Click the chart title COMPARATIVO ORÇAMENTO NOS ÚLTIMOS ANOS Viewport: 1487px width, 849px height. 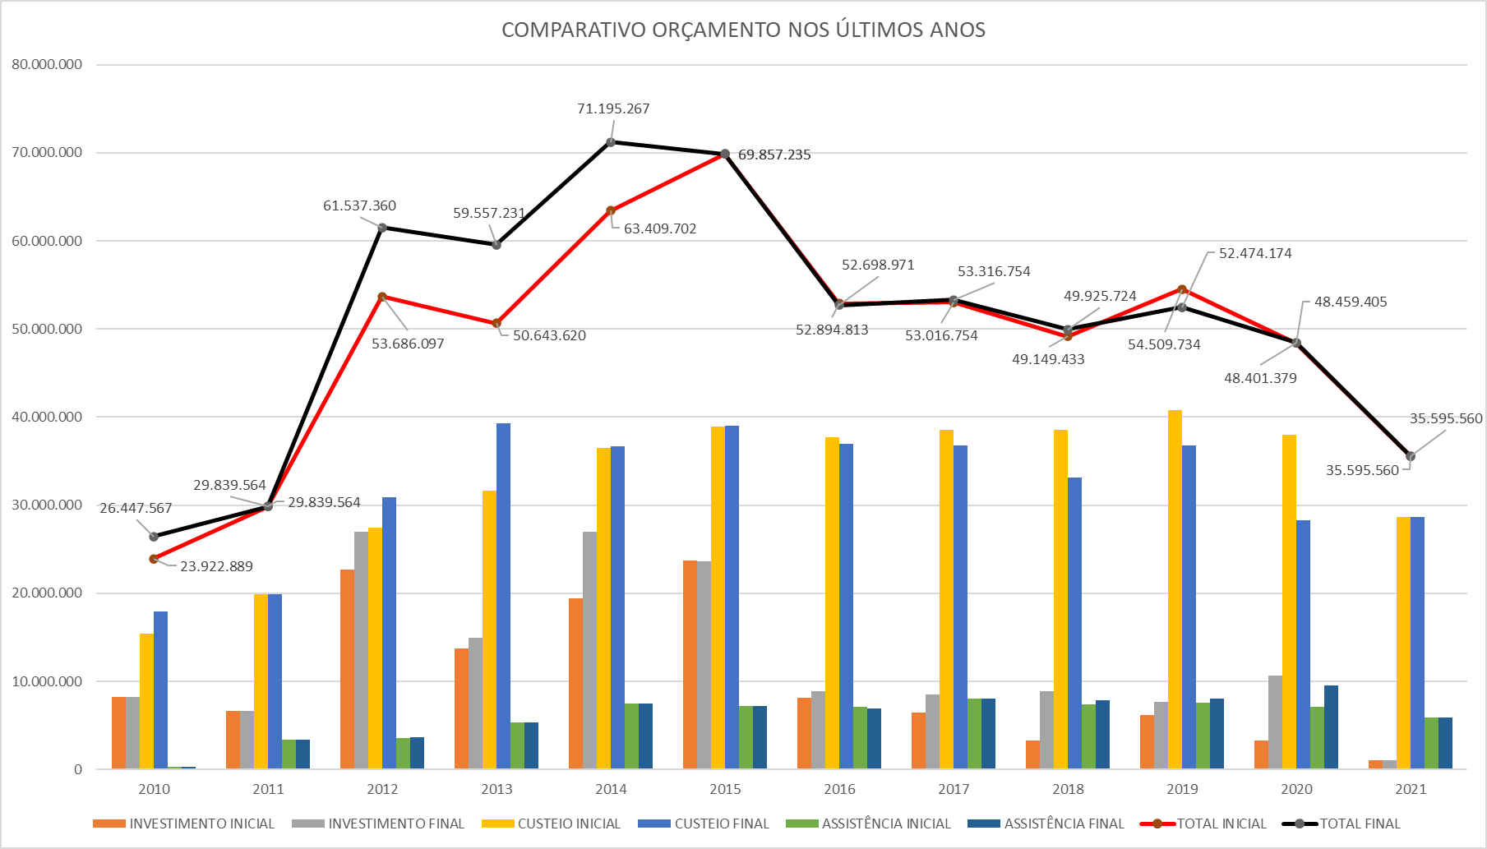tap(743, 30)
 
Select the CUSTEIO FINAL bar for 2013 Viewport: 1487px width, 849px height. tap(503, 596)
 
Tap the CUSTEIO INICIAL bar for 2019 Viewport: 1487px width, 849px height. tap(1175, 589)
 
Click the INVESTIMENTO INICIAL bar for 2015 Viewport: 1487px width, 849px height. tap(690, 664)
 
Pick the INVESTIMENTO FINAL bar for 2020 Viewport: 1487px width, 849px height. tap(1275, 722)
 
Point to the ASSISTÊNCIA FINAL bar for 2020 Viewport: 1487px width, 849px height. tap(1331, 727)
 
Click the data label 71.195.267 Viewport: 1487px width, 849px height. tap(613, 108)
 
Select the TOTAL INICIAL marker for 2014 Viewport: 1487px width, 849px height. tap(611, 211)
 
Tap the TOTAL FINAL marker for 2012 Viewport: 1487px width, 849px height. tap(382, 228)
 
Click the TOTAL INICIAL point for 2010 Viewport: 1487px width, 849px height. tap(154, 559)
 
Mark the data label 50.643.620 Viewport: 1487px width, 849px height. tap(549, 335)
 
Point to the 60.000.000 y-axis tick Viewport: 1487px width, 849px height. tap(47, 241)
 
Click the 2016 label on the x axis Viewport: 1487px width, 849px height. tap(839, 789)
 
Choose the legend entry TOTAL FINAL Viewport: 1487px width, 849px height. tap(1360, 824)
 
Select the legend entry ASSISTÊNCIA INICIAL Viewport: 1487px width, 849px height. tap(885, 824)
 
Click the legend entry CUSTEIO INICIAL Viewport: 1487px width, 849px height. tap(568, 824)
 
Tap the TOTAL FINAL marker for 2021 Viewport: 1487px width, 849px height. tap(1411, 456)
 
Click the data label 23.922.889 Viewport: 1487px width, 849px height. tap(216, 566)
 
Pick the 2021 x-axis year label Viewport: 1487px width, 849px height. tap(1411, 789)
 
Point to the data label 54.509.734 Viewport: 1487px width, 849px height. tap(1164, 344)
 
